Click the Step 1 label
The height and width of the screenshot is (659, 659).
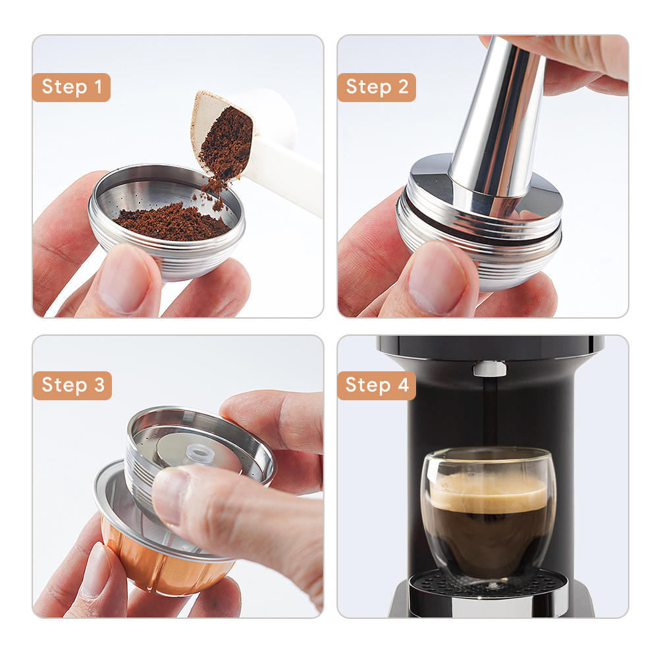(x=71, y=87)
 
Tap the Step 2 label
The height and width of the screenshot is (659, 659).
(x=377, y=87)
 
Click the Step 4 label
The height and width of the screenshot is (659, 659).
(x=377, y=385)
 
